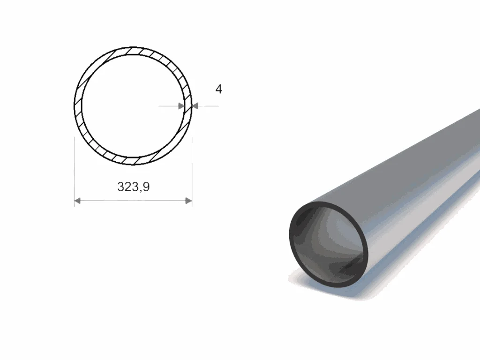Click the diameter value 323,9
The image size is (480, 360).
[134, 187]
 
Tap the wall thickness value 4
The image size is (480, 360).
[218, 89]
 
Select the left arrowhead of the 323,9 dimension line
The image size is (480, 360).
[77, 201]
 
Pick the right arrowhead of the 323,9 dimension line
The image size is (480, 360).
[189, 201]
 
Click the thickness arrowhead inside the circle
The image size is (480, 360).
[181, 106]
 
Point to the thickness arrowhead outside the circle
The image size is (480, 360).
[195, 106]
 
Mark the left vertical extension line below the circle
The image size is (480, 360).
[75, 172]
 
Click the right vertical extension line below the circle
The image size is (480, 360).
[192, 172]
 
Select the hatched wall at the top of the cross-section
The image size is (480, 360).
[133, 51]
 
